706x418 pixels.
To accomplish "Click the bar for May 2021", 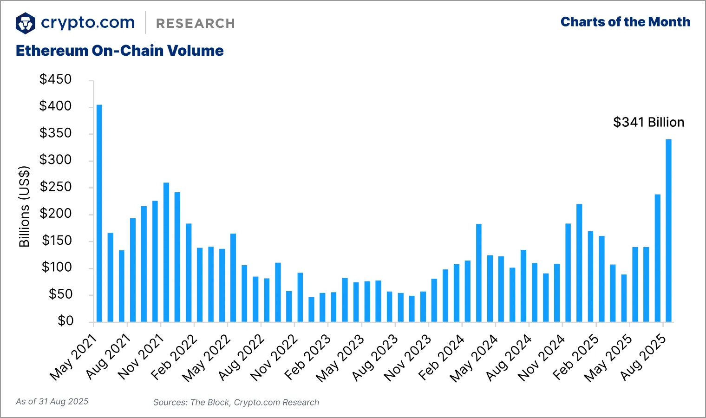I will tap(99, 213).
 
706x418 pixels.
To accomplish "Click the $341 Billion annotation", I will tap(648, 122).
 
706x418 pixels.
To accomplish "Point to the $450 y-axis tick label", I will tap(56, 79).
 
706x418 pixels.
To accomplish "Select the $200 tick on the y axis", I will tap(56, 214).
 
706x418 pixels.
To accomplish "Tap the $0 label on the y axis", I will tap(65, 321).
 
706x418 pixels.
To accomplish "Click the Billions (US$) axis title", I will tap(24, 207).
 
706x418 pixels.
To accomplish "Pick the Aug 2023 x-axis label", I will tap(375, 358).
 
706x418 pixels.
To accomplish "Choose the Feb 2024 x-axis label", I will tap(441, 358).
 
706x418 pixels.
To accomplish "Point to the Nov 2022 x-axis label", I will tap(274, 358).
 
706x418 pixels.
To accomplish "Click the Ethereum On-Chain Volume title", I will tap(120, 51).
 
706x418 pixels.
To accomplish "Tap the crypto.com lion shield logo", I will tap(26, 23).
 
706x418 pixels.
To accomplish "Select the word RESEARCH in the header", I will tap(196, 24).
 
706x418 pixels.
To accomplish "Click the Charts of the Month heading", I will tap(625, 22).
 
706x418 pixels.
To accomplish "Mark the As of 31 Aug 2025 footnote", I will tap(52, 401).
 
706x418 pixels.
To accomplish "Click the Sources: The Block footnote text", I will tap(236, 402).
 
